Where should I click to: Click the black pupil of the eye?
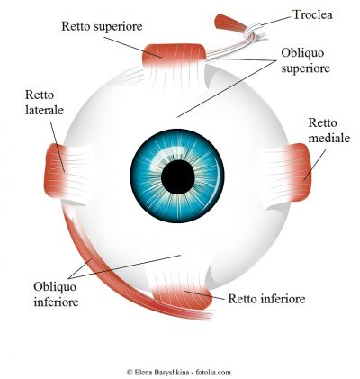178,177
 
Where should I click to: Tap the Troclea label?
312,14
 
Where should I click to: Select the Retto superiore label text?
102,26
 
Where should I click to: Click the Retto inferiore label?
266,299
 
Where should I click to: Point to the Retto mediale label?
329,131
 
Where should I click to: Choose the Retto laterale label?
44,103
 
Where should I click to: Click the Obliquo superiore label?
305,60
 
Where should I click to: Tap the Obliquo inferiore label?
56,294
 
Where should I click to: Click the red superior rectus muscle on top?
174,56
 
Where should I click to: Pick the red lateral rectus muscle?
56,171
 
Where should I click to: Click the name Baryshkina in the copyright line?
173,373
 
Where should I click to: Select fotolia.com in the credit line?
213,373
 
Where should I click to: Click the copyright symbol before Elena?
130,373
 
